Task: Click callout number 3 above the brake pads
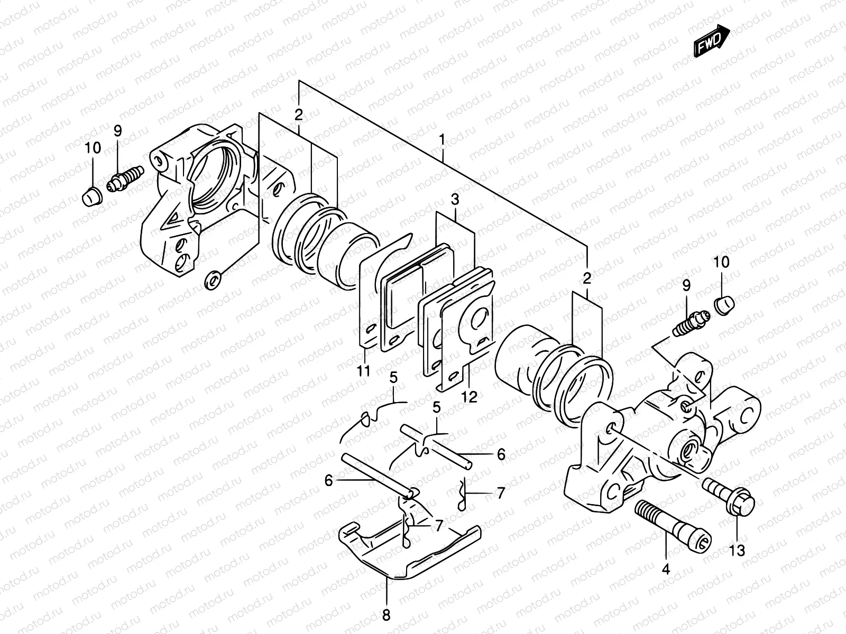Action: pyautogui.click(x=455, y=200)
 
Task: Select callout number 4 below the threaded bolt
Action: pyautogui.click(x=666, y=570)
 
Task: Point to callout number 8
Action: pyautogui.click(x=386, y=615)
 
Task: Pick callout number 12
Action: pyautogui.click(x=469, y=396)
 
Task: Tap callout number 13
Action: pyautogui.click(x=737, y=551)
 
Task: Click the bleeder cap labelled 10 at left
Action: pyautogui.click(x=90, y=197)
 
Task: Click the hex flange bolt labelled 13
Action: pyautogui.click(x=727, y=494)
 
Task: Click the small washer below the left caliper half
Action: pyautogui.click(x=213, y=279)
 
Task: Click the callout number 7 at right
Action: pyautogui.click(x=500, y=493)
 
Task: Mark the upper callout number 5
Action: pyautogui.click(x=393, y=378)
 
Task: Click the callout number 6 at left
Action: pyautogui.click(x=328, y=480)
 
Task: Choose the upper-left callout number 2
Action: pyautogui.click(x=299, y=115)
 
